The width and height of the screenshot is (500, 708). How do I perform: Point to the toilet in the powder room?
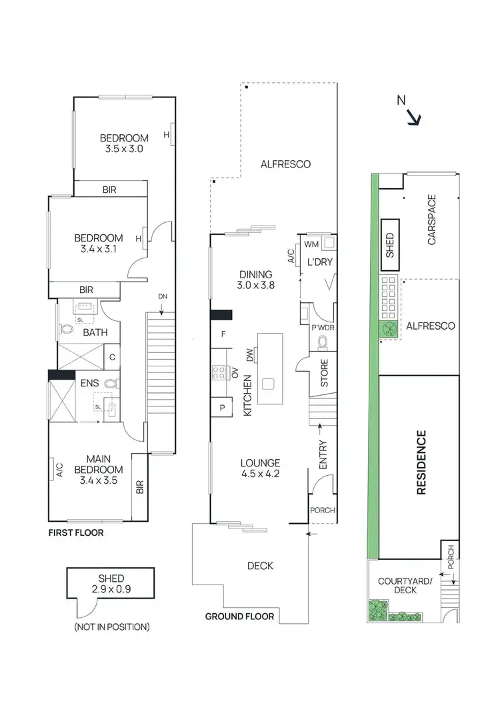(x=323, y=342)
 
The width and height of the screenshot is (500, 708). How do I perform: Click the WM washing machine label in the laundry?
(x=310, y=244)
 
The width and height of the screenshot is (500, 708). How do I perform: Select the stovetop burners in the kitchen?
(x=218, y=372)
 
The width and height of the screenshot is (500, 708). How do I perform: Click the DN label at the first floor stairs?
(x=162, y=296)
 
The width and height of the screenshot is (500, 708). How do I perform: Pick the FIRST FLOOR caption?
(x=75, y=534)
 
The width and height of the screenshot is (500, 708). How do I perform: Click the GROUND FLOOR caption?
(x=239, y=617)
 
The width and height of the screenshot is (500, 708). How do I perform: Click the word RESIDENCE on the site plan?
(x=421, y=462)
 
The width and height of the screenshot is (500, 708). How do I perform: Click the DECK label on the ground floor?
(x=260, y=566)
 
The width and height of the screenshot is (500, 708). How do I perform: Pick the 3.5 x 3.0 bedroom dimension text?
(x=124, y=149)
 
